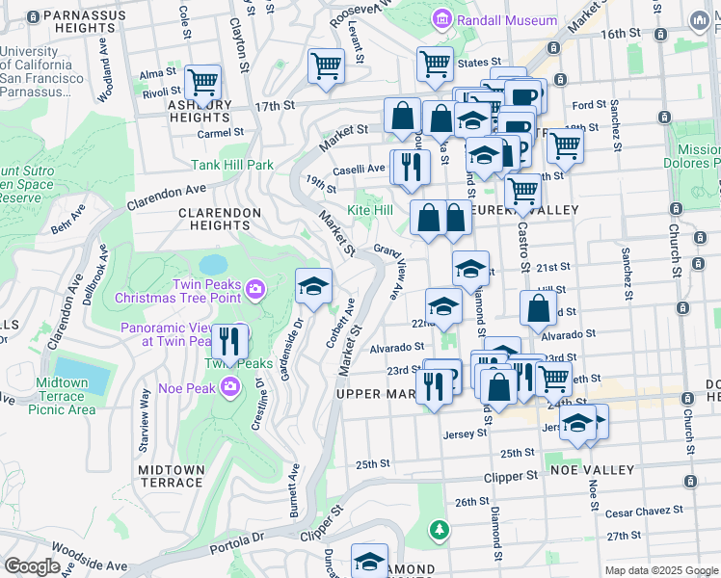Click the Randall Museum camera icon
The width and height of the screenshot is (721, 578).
pyautogui.click(x=442, y=19)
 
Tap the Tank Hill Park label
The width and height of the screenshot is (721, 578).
pyautogui.click(x=232, y=165)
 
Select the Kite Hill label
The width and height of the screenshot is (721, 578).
pyautogui.click(x=370, y=209)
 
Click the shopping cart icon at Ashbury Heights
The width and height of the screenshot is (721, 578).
pyautogui.click(x=202, y=83)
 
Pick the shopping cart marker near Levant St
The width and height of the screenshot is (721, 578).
pyautogui.click(x=326, y=66)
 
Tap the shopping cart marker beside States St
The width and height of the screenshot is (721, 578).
pyautogui.click(x=436, y=65)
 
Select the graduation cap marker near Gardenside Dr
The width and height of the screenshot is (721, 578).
pyautogui.click(x=313, y=286)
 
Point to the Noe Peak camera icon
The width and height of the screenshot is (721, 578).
pyautogui.click(x=230, y=386)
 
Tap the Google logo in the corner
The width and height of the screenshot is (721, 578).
pyautogui.click(x=32, y=565)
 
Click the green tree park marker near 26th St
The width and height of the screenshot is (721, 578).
pyautogui.click(x=440, y=530)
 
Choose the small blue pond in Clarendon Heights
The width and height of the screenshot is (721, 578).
pyautogui.click(x=213, y=263)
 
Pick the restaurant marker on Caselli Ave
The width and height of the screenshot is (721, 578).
pyautogui.click(x=411, y=167)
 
